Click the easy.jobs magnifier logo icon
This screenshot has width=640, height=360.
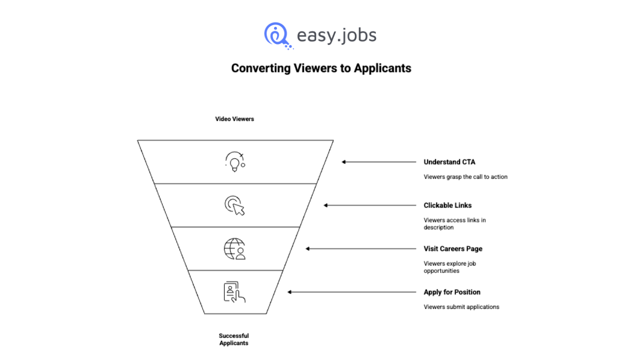[x=276, y=35]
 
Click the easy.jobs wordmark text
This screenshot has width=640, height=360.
[x=336, y=35]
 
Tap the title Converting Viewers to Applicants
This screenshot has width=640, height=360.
[x=321, y=68]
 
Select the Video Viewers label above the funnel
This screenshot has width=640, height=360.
[x=234, y=119]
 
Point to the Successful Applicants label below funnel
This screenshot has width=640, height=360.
[x=234, y=339]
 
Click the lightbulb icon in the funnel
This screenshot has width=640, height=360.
[x=234, y=162]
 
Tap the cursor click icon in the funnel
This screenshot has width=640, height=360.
[x=234, y=205]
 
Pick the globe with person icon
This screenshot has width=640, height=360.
[x=234, y=249]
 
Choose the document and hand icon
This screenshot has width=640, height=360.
[x=234, y=292]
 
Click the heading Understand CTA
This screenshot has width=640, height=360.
[x=449, y=162]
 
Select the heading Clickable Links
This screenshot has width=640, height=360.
[x=447, y=205]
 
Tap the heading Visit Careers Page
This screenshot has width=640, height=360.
[x=453, y=249]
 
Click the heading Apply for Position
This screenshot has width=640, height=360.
[x=452, y=292]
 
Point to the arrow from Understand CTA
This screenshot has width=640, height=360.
[x=379, y=162]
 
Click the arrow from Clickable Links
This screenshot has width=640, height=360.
[x=370, y=205]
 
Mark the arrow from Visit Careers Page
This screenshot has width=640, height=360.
[x=361, y=249]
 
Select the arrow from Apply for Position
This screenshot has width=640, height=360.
[x=352, y=292]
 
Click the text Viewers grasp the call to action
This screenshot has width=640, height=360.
[x=465, y=176]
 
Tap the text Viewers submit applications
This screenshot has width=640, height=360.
[x=461, y=307]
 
